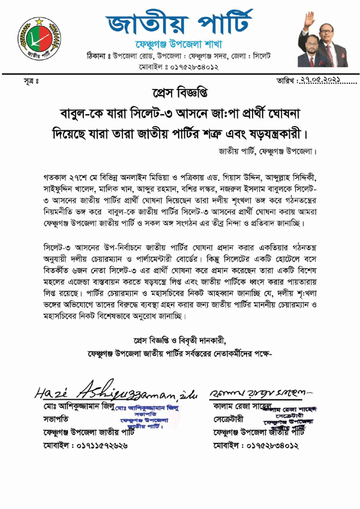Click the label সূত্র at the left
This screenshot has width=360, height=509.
pyautogui.click(x=23, y=80)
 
